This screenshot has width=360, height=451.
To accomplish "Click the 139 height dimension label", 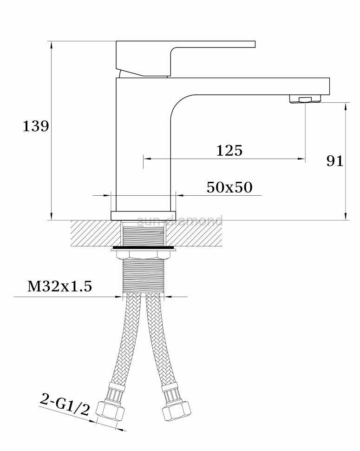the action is (x=36, y=126).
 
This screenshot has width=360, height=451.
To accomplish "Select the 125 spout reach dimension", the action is (x=229, y=151).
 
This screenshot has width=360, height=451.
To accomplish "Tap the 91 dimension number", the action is (x=335, y=161).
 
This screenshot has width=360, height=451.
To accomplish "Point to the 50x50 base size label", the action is (x=229, y=187).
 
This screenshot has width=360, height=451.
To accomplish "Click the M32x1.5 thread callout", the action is (x=60, y=286).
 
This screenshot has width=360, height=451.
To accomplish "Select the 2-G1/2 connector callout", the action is (x=65, y=405).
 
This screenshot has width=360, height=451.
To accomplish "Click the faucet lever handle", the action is (x=185, y=59).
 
